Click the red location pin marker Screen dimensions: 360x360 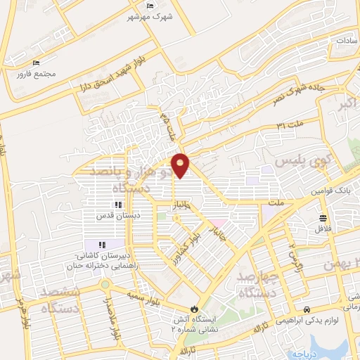point(181,165)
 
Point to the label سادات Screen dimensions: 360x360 point(347,41)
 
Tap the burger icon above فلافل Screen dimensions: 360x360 point(322,217)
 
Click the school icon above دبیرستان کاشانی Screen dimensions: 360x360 point(103,244)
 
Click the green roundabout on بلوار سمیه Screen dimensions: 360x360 point(105,285)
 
